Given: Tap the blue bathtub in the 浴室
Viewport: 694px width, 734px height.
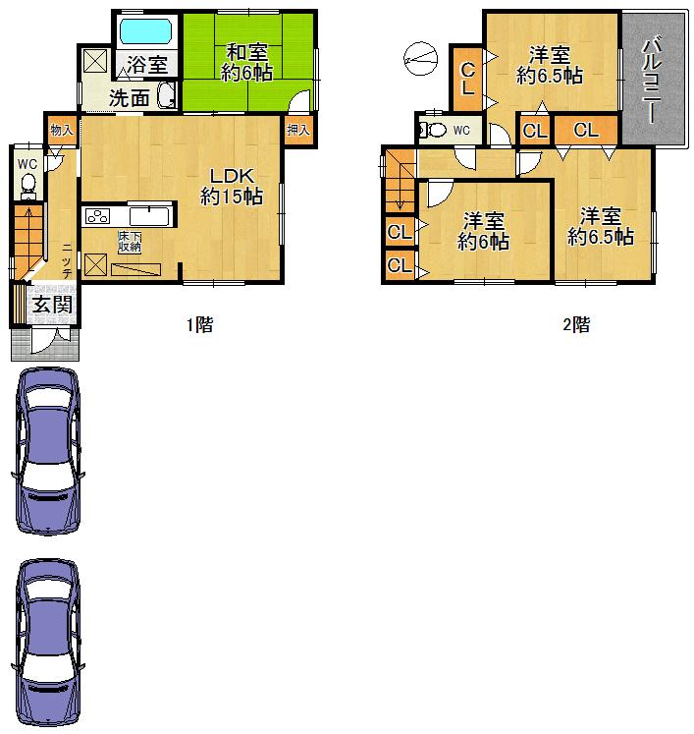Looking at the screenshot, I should point(145,31).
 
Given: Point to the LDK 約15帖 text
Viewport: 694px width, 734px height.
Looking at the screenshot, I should point(232,186).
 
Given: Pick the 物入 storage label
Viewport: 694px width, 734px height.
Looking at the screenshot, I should point(61,129).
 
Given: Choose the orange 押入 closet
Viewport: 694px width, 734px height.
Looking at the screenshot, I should point(298,130).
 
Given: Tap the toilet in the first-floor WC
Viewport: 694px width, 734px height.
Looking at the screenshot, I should point(27,183).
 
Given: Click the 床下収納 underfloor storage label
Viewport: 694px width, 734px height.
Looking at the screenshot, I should point(131,242).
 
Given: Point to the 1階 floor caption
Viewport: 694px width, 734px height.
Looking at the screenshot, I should point(200,325).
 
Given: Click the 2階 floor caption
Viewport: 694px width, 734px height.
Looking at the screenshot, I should point(576,325).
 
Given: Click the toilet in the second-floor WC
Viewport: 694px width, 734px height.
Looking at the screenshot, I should point(433,130).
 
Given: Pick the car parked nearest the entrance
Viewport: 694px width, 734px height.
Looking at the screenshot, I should point(47,450).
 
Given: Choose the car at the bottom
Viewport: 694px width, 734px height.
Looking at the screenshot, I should point(47,644).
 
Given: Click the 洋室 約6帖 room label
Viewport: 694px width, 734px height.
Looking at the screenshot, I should point(483,230).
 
